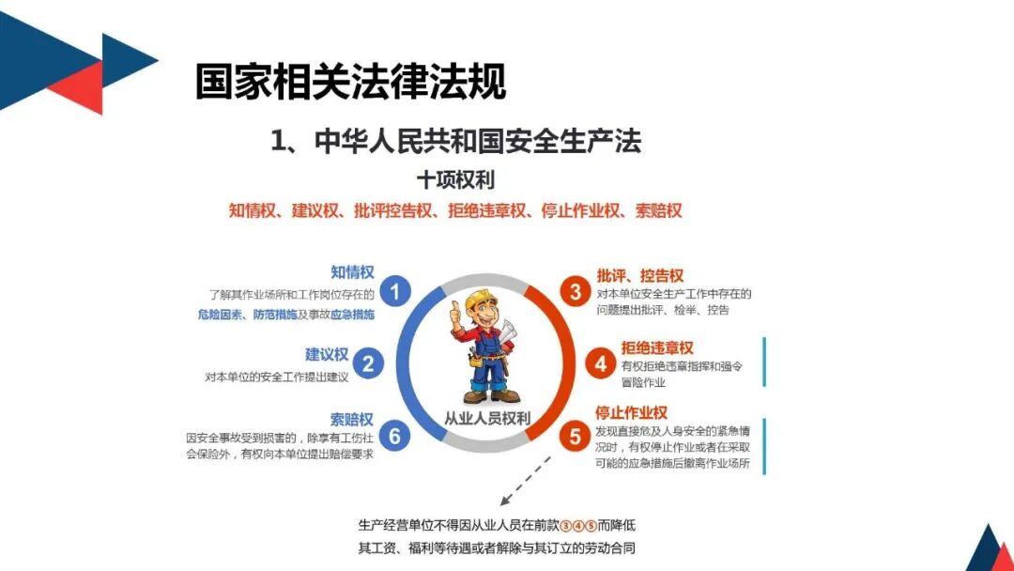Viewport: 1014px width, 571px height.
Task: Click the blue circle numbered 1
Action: tap(395, 291)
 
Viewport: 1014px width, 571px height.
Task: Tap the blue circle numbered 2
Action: tap(369, 363)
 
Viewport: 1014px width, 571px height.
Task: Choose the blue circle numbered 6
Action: tap(395, 436)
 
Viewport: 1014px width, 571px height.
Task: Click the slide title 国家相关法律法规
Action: tap(350, 82)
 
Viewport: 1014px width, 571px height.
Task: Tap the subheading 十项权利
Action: tap(455, 178)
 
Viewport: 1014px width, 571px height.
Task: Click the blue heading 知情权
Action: tap(352, 272)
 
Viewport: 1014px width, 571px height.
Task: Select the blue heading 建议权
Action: tap(327, 354)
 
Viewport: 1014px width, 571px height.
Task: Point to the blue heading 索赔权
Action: tap(352, 419)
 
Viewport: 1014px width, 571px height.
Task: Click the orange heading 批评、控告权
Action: tap(640, 275)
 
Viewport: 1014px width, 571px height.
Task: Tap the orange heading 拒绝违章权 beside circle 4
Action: tap(657, 347)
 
